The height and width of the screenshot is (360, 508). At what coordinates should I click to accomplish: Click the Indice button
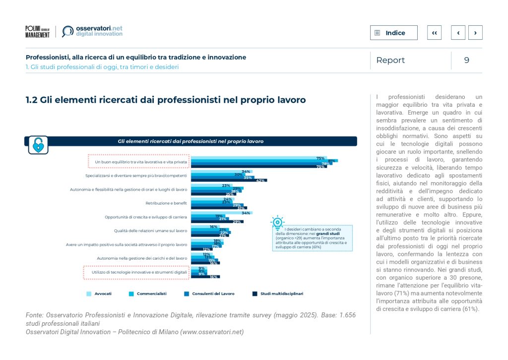[393, 33]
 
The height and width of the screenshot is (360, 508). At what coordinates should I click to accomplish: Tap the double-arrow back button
[434, 33]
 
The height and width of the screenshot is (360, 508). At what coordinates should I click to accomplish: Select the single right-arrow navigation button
[475, 33]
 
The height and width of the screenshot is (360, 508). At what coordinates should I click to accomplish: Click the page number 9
[466, 60]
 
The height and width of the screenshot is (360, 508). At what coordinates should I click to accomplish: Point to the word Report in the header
[390, 60]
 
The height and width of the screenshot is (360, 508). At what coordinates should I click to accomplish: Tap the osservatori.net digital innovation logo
[92, 31]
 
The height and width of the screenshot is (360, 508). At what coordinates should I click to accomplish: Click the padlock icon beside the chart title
[38, 144]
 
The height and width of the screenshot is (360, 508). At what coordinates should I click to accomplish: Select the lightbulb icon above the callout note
[277, 221]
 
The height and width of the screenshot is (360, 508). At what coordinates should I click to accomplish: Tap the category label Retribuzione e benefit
[166, 203]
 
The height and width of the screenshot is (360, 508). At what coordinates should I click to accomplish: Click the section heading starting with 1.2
[165, 100]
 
